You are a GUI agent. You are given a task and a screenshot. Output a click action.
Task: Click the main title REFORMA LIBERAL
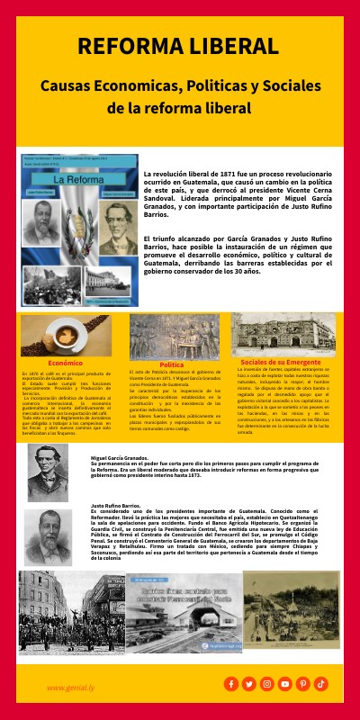(x=180, y=47)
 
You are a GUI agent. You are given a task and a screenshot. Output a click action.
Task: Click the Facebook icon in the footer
(x=231, y=684)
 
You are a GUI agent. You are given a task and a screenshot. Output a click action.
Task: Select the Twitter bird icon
(x=249, y=684)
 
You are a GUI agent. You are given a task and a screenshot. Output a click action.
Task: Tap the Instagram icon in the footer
(x=267, y=684)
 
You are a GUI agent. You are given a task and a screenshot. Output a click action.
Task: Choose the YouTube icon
(x=285, y=684)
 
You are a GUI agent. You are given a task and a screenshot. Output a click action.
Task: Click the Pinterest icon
(x=303, y=684)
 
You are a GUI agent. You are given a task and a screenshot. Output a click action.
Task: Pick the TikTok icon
(x=321, y=684)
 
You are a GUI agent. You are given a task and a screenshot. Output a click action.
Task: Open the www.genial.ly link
(x=73, y=687)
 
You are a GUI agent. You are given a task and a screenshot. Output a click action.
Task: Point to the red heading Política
(x=171, y=364)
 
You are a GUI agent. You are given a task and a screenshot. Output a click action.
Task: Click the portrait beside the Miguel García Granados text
(x=48, y=472)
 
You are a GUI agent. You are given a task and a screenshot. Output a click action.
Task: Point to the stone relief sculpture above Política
(x=174, y=337)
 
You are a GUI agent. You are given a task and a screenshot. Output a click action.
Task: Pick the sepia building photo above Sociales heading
(x=283, y=334)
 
